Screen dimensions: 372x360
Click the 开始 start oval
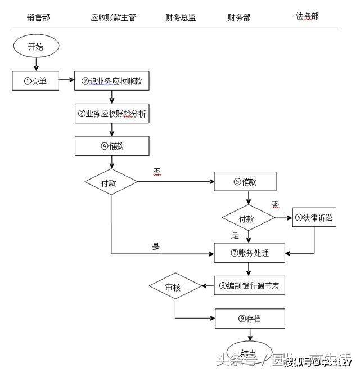click(x=35, y=47)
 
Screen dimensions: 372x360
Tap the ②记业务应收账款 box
click(x=112, y=81)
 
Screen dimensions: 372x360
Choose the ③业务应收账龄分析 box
click(x=112, y=113)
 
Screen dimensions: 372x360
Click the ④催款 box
click(x=112, y=146)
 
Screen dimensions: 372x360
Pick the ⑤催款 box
click(x=245, y=182)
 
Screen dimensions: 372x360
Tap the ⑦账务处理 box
click(x=249, y=253)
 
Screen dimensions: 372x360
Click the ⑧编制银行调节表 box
click(x=249, y=286)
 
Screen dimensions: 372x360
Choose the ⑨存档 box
click(x=249, y=319)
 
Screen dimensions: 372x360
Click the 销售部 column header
click(x=38, y=17)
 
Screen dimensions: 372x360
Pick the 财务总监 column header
click(x=181, y=17)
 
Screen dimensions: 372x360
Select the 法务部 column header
click(x=307, y=16)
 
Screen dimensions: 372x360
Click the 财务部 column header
click(x=239, y=17)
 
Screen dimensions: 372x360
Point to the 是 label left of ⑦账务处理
click(x=156, y=246)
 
